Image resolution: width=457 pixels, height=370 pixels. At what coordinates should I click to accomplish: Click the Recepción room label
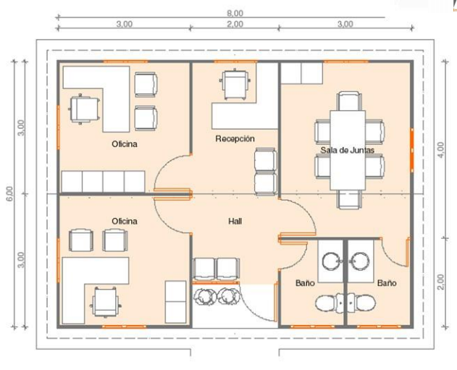coord(235,138)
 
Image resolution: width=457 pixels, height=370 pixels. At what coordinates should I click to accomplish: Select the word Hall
coord(235,221)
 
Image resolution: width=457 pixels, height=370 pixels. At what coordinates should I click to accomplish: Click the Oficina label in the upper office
coord(124,144)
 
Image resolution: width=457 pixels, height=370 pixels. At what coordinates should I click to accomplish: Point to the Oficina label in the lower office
coord(124,220)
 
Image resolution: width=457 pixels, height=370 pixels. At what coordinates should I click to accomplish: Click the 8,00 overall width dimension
coord(235,12)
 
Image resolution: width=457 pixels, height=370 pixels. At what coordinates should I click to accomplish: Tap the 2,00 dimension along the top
coord(235,24)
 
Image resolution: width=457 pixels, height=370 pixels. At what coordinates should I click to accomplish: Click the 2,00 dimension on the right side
coord(443,280)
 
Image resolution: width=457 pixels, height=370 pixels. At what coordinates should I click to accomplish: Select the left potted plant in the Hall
coord(205,295)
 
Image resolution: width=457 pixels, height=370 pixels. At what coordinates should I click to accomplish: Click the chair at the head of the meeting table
coord(347,101)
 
